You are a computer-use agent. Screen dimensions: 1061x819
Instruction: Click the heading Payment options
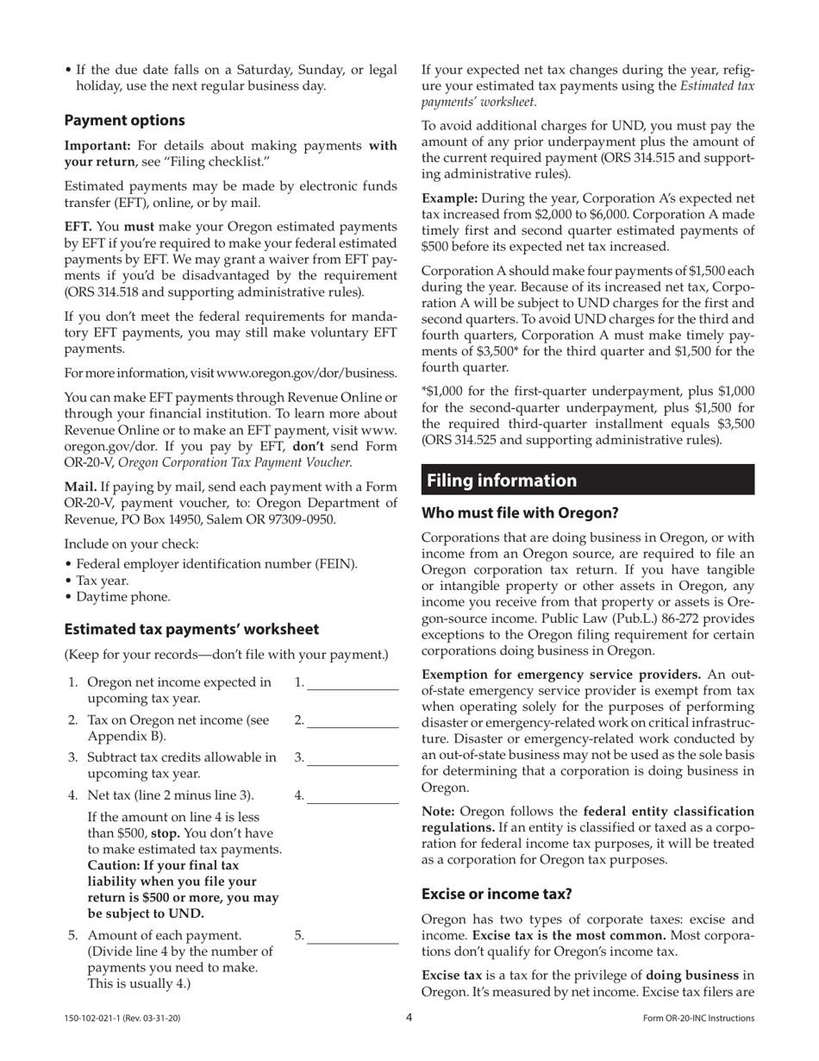tap(124, 120)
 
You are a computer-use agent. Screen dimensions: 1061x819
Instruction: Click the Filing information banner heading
tap(502, 480)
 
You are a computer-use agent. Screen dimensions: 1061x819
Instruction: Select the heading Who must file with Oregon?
tap(520, 513)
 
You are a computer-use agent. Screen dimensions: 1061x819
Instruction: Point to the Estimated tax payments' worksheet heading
tap(191, 629)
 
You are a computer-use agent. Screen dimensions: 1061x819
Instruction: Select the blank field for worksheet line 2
tap(353, 721)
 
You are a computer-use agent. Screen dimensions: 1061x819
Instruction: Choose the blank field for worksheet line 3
tap(353, 758)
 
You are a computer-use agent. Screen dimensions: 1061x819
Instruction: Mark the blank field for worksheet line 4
tap(353, 796)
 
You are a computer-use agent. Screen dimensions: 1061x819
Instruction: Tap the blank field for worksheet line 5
tap(353, 937)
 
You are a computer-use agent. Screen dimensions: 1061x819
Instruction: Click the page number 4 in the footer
tap(409, 1018)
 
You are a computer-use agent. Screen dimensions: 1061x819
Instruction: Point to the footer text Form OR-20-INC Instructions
tap(698, 1019)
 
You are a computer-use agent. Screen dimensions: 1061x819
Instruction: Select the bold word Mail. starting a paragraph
tap(80, 487)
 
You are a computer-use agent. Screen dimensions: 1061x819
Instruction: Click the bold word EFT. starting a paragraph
tap(78, 227)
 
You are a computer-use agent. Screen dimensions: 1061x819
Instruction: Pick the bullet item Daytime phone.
tap(122, 597)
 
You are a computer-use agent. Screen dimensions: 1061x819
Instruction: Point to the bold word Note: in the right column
tap(439, 812)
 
